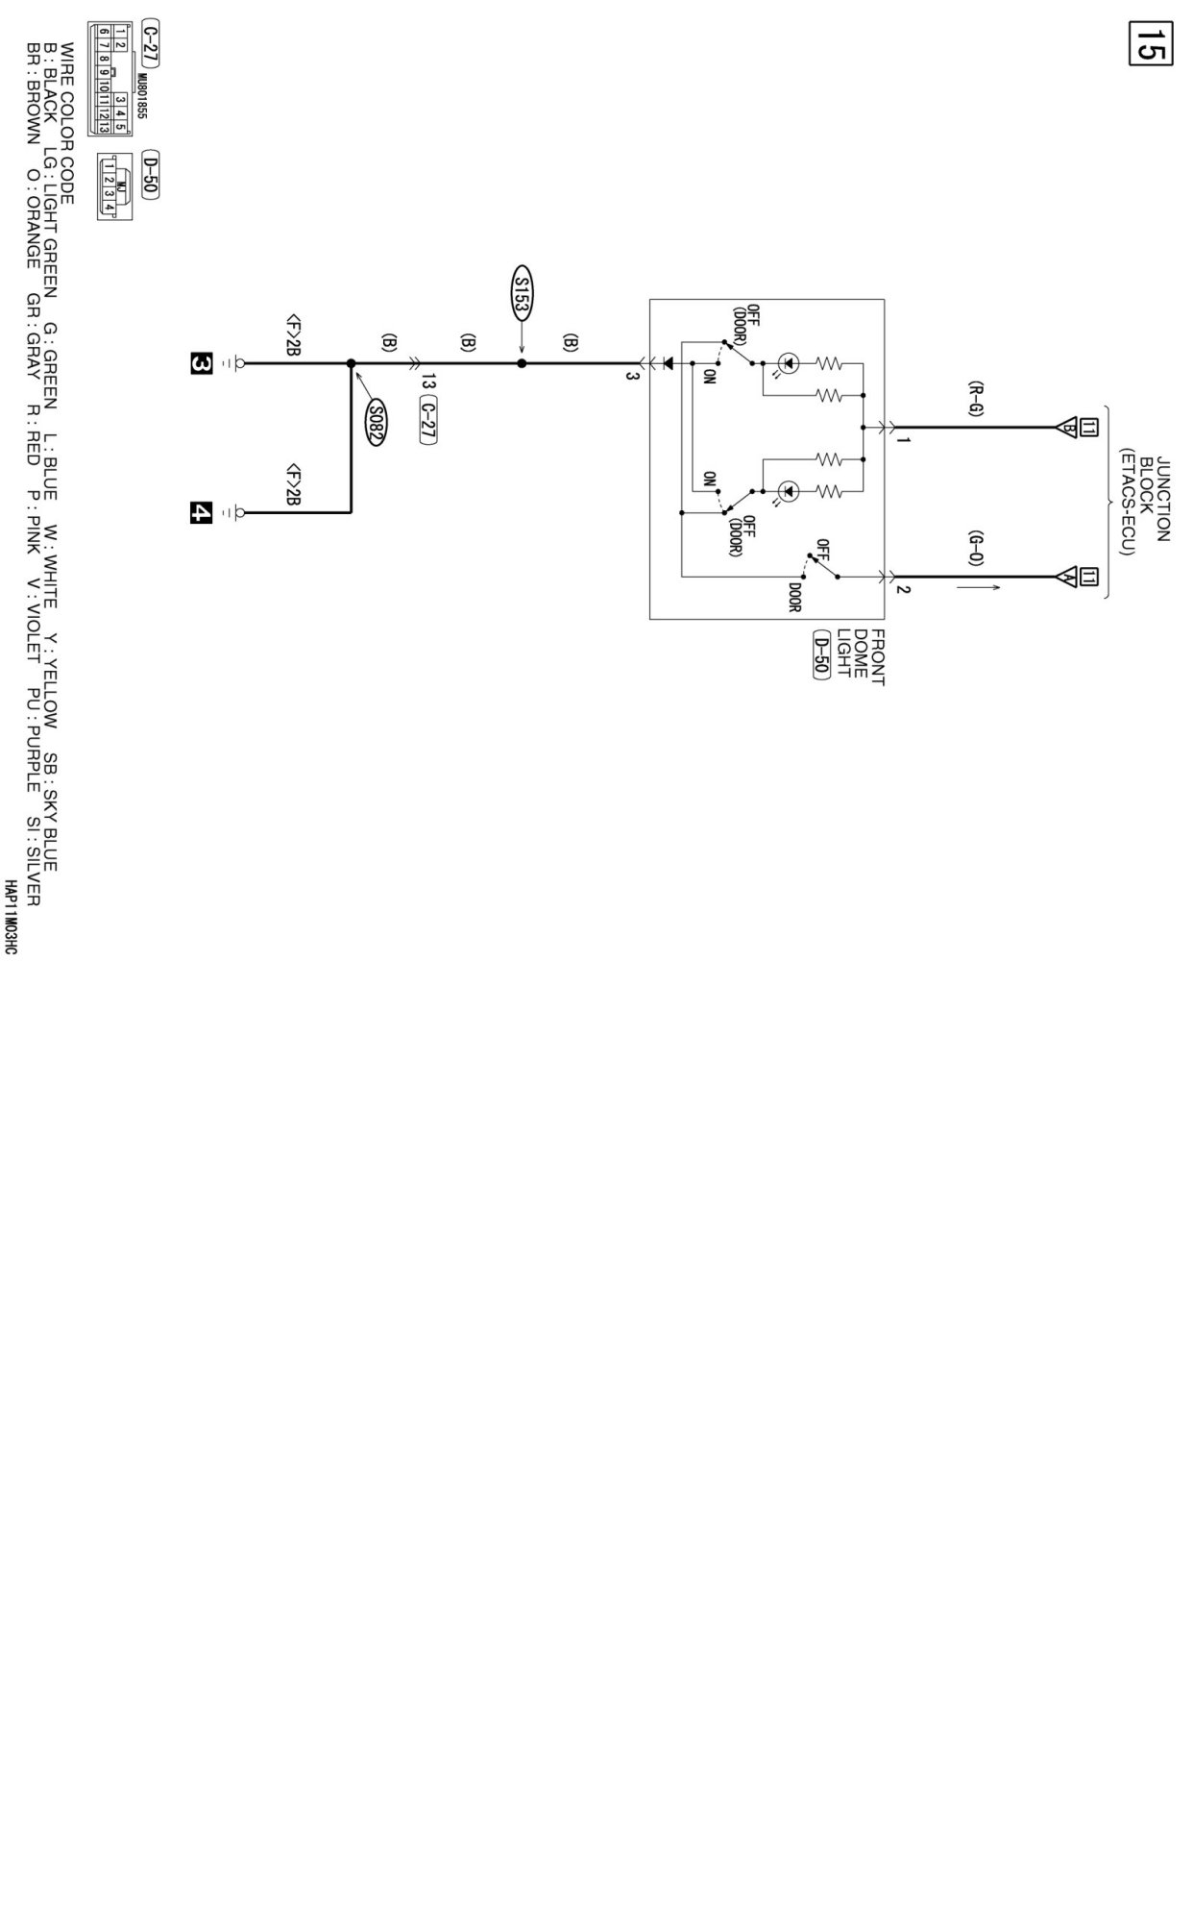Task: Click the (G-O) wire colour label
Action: coord(975,548)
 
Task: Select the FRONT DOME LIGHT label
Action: coord(860,656)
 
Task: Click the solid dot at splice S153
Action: coord(522,364)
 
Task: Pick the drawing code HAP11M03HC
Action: coord(11,916)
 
